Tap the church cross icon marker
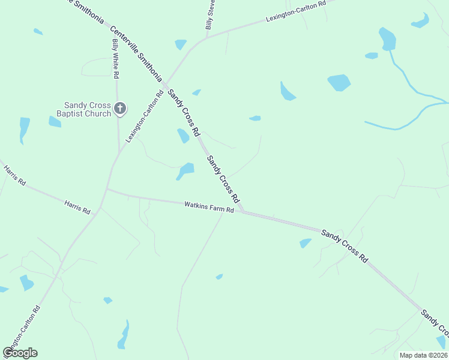(x=120, y=109)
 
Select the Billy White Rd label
(x=116, y=59)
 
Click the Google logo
(x=20, y=353)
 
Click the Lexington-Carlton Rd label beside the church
(x=145, y=116)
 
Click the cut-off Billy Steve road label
(x=210, y=15)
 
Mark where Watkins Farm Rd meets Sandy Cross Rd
(x=242, y=211)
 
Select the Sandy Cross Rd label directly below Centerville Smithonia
(x=183, y=112)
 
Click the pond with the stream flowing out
(x=388, y=40)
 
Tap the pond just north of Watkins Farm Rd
(x=185, y=170)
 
